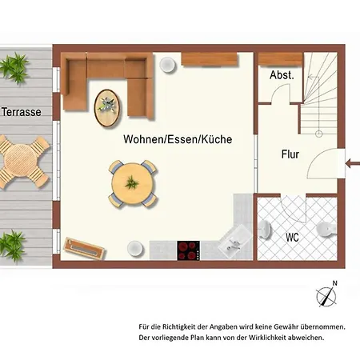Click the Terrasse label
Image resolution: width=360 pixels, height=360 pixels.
[22, 112]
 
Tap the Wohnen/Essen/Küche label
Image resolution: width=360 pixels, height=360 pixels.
[178, 139]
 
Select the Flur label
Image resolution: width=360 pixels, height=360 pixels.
[290, 154]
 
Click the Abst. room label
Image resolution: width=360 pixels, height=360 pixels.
[282, 75]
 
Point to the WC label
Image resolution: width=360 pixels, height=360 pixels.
[292, 237]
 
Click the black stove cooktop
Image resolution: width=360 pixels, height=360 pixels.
[189, 250]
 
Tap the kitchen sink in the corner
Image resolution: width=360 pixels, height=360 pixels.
[234, 242]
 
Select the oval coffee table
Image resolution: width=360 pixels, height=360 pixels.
[107, 108]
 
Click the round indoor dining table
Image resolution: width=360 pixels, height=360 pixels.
[133, 183]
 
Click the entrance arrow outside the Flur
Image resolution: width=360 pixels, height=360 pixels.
[353, 163]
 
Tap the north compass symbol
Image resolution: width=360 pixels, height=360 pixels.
[326, 296]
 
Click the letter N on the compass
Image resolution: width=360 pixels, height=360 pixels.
[334, 283]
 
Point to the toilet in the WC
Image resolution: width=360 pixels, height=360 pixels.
[326, 230]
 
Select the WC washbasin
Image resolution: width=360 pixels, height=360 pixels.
[265, 230]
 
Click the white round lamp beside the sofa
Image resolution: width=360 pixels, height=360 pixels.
[168, 64]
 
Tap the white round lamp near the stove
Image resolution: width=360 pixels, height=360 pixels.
[135, 249]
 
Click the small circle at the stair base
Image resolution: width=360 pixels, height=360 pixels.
[319, 134]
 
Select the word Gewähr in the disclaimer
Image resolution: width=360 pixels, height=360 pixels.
[286, 327]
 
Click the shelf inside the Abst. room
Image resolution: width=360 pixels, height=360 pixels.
[281, 59]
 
